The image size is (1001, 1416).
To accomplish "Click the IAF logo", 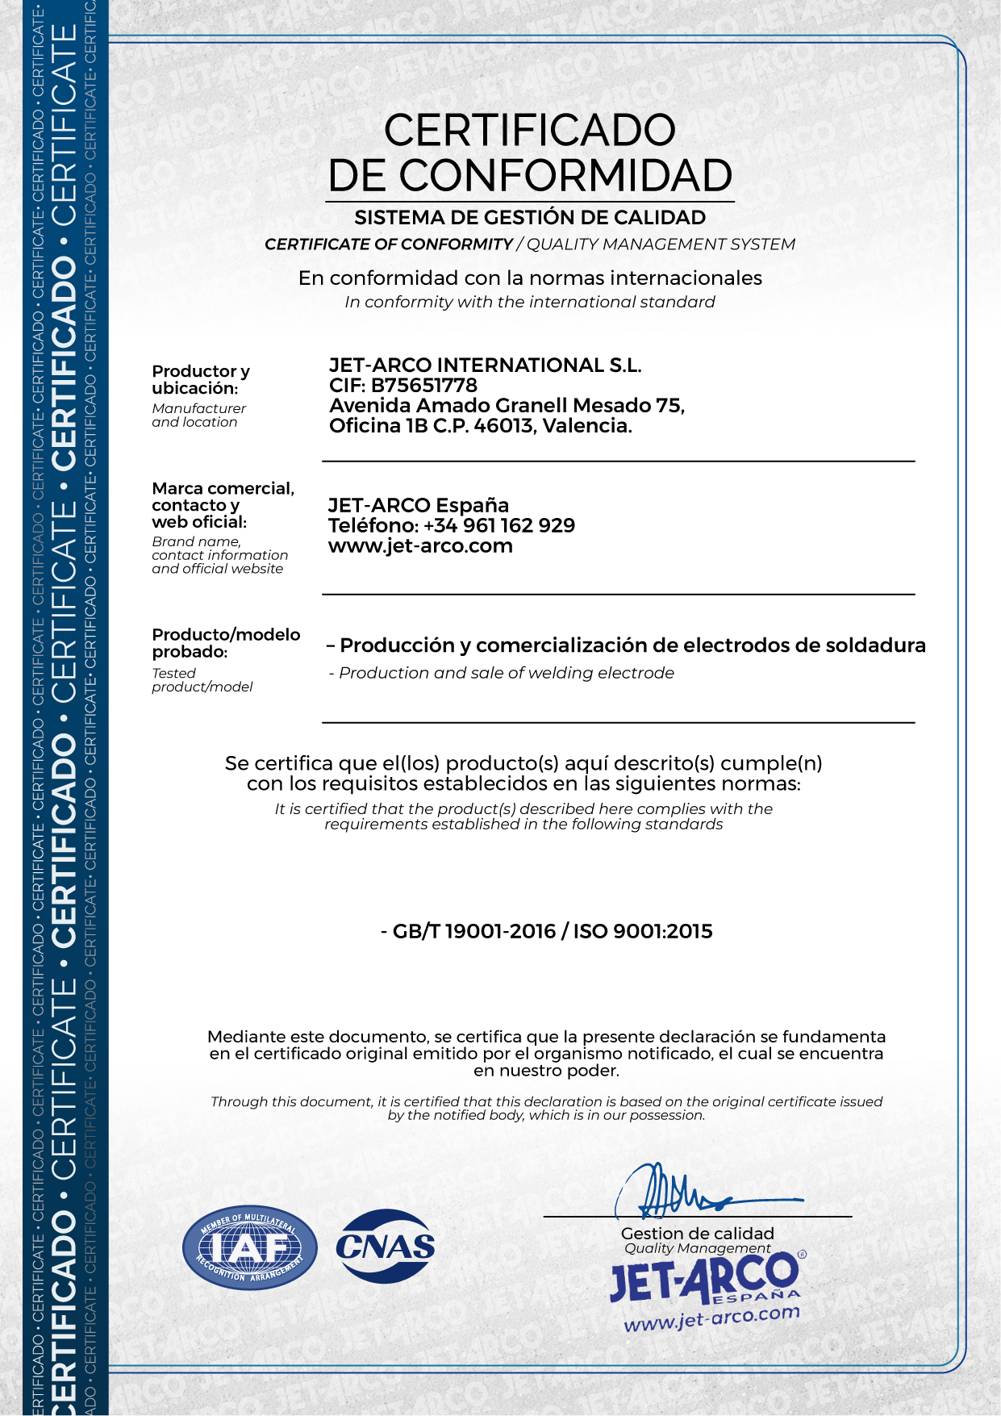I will point(249,1247).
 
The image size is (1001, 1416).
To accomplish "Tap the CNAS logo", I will point(386,1247).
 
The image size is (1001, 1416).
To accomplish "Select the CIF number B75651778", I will point(424,386).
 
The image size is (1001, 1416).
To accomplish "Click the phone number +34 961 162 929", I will point(499,526).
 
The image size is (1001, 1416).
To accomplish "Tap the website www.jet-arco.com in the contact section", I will point(420,546).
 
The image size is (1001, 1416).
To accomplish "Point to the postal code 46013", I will point(504,426).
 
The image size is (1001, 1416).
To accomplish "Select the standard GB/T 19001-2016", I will point(474,932).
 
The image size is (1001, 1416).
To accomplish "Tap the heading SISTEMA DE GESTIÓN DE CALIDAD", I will point(530,218).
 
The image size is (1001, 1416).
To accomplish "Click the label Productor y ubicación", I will point(201,379).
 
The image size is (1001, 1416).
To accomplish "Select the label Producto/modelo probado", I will point(226,643).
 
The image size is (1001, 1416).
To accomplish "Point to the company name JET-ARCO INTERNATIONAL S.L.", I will point(485,365).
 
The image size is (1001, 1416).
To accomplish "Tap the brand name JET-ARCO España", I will point(418,506).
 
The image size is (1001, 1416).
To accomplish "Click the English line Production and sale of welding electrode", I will point(506,673).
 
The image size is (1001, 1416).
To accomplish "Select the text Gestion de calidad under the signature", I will point(697,1234).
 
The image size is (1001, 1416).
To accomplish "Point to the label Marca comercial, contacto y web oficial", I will point(223,505).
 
